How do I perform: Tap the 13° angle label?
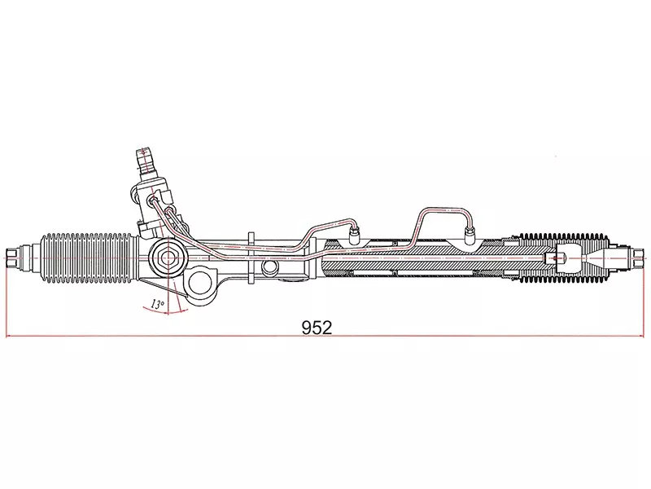pos(157,304)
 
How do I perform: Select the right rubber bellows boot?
pos(561,258)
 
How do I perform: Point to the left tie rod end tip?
pos(14,258)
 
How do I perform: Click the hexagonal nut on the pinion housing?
pos(168,256)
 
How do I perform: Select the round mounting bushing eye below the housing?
pos(199,285)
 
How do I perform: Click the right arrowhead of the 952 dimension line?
pos(641,336)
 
